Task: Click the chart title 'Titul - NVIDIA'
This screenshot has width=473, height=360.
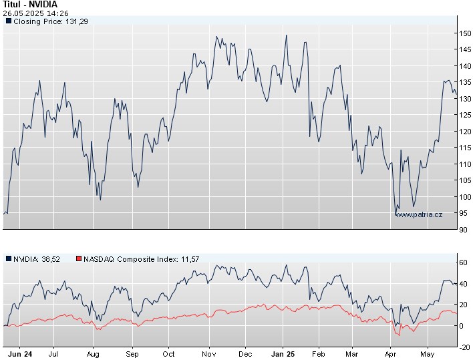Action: pyautogui.click(x=29, y=4)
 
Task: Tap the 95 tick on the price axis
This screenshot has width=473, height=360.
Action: pyautogui.click(x=462, y=214)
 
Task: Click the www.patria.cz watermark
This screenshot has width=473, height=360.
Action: pyautogui.click(x=419, y=214)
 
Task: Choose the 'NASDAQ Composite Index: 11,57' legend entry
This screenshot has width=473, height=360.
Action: pyautogui.click(x=136, y=258)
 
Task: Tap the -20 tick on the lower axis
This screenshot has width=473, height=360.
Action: pyautogui.click(x=463, y=347)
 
